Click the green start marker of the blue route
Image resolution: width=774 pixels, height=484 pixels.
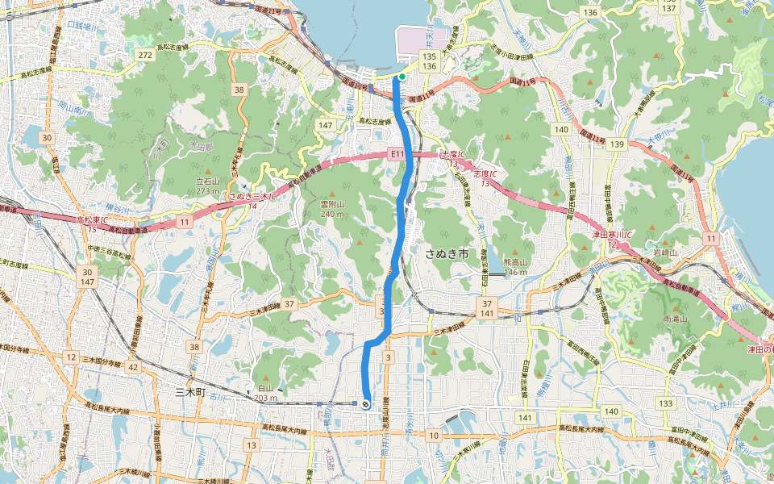pos(402,77)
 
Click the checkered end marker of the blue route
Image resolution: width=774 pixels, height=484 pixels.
pos(366,403)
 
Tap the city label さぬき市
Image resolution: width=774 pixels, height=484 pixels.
pos(447,254)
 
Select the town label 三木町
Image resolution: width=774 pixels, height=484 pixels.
pos(192,391)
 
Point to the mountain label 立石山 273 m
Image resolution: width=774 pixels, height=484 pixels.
pos(208,186)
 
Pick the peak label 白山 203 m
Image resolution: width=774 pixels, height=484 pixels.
pos(264,393)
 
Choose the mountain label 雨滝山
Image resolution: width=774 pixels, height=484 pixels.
pos(674,320)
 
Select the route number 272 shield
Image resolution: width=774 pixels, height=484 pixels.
pos(145,55)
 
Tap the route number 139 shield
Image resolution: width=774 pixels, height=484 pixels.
pos(618,144)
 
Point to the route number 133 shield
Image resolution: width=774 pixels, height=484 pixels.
pos(665,403)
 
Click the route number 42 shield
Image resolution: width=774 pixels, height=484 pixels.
pos(133,367)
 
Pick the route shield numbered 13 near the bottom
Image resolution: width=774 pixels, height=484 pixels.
pos(252,445)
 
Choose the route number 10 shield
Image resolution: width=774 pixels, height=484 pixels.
pos(435,436)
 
